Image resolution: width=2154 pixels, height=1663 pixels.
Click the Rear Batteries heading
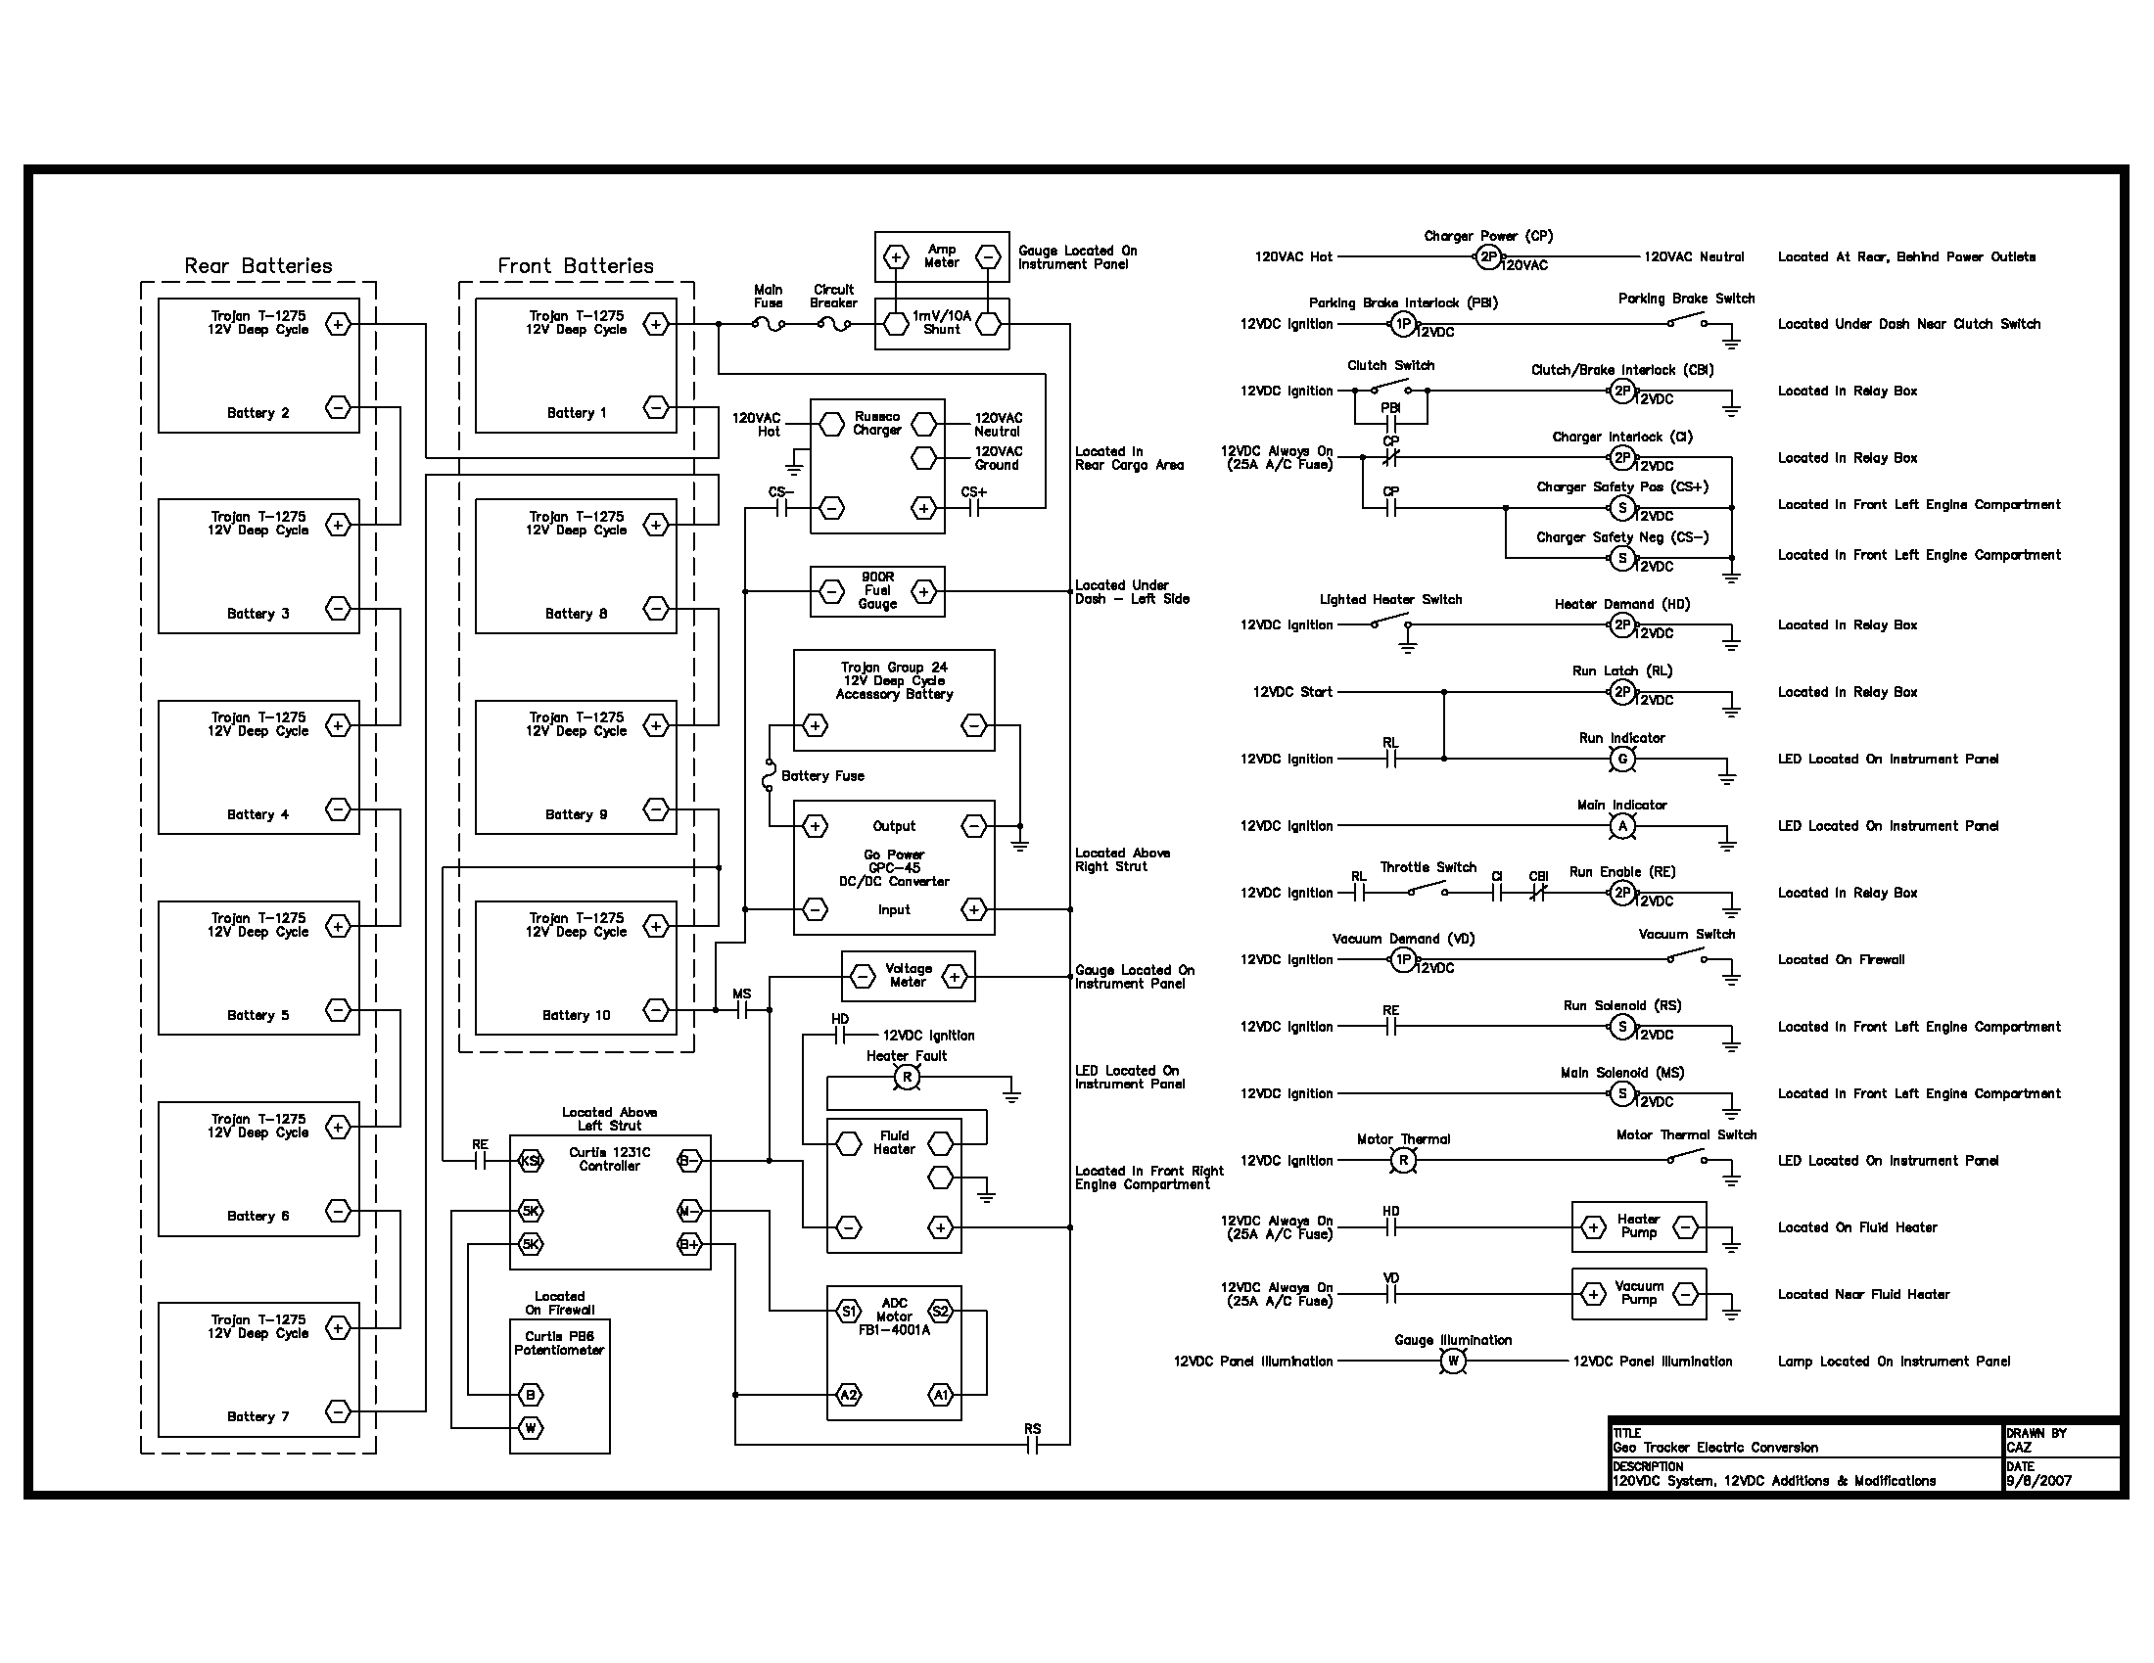tap(258, 266)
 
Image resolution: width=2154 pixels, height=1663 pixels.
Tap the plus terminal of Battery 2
tap(338, 324)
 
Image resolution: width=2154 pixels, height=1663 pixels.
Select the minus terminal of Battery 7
tap(338, 1411)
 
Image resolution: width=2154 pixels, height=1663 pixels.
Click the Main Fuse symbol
tap(769, 323)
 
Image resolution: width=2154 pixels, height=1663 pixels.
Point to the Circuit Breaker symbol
tap(834, 323)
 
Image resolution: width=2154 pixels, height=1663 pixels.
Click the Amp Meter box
tap(942, 257)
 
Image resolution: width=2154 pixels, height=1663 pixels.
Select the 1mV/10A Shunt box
tap(942, 323)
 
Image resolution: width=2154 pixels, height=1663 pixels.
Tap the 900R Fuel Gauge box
tap(877, 591)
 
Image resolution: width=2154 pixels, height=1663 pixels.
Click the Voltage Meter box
tap(909, 976)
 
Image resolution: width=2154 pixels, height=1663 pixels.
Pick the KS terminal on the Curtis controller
tap(531, 1161)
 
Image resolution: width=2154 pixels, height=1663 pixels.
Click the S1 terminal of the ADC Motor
tap(848, 1311)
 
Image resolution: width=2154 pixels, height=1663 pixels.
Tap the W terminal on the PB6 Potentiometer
tap(531, 1427)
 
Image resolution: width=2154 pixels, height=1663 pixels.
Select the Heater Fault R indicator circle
tap(907, 1079)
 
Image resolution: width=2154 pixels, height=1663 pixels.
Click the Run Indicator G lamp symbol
tap(1622, 759)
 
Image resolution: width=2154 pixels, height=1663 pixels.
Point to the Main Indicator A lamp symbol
tap(1622, 826)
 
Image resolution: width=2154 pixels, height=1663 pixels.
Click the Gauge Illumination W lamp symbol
tap(1453, 1362)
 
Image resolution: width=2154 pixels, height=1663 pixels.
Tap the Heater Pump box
tap(1639, 1227)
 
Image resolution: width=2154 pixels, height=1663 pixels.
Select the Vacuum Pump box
tap(1639, 1294)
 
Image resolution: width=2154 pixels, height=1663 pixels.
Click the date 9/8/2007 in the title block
tap(2038, 1481)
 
